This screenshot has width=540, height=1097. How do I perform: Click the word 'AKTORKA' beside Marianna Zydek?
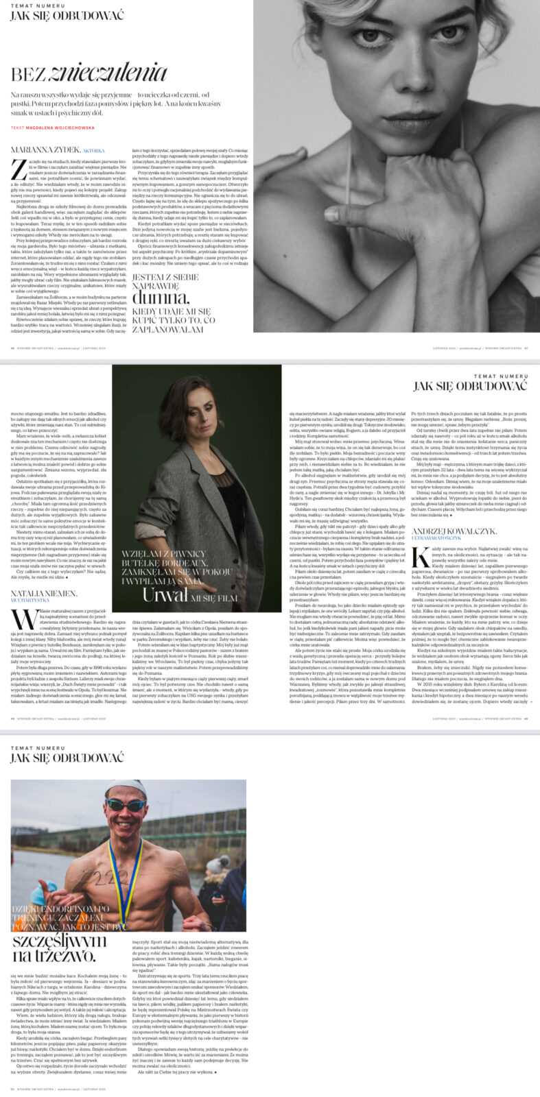coord(94,149)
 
